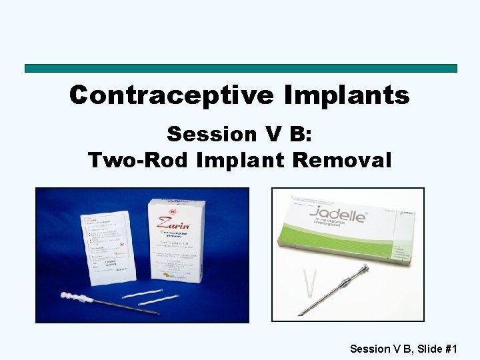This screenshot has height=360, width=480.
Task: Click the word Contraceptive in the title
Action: coord(171,95)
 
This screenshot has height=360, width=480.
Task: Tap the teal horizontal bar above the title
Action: coord(241,68)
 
